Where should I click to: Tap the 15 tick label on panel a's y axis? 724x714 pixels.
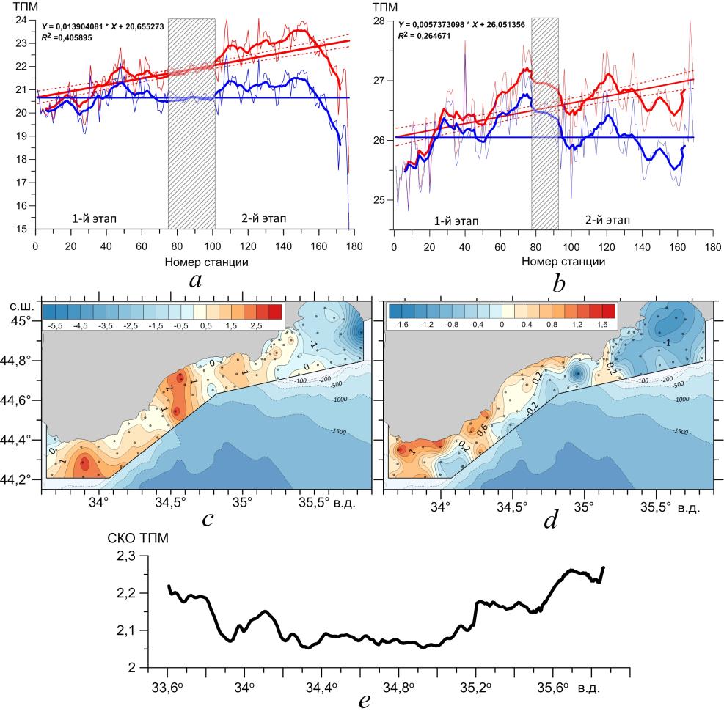[x=23, y=229]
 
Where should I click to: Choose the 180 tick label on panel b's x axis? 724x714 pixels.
[x=712, y=247]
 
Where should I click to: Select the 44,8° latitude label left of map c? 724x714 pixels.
[x=18, y=361]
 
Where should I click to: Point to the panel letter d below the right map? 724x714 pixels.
[x=550, y=519]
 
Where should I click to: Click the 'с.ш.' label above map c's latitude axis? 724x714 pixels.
[x=18, y=304]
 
